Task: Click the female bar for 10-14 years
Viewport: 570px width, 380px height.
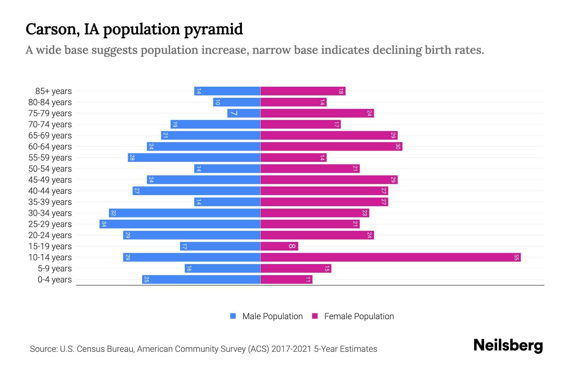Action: tap(390, 257)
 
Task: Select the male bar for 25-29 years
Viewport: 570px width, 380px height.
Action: tap(180, 224)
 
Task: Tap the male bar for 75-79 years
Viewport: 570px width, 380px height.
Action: tap(244, 113)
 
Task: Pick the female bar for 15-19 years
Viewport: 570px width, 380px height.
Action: tap(279, 246)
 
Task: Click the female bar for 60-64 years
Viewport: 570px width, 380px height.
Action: tap(331, 147)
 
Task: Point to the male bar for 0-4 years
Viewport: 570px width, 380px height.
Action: tap(201, 280)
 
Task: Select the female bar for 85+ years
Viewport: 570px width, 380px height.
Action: tap(303, 91)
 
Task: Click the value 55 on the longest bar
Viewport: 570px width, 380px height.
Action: tap(516, 257)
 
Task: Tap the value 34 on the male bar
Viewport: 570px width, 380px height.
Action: tap(104, 224)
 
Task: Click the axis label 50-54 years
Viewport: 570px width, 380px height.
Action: tap(50, 169)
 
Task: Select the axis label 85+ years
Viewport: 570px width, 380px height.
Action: tap(54, 91)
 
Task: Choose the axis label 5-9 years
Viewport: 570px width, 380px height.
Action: tap(55, 269)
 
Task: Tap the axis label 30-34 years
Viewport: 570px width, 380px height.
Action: tap(50, 213)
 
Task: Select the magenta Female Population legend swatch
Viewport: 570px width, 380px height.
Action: tap(315, 316)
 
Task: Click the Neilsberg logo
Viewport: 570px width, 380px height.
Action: tap(508, 345)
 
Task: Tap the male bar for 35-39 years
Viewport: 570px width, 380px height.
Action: tap(227, 202)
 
